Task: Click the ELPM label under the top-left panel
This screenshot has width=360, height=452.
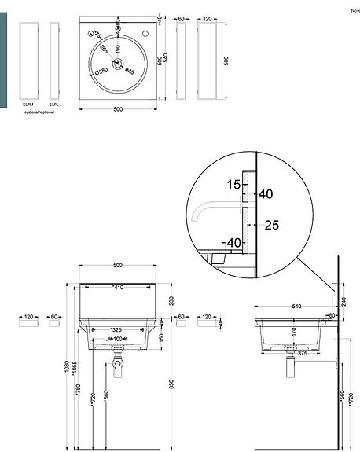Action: tap(28, 104)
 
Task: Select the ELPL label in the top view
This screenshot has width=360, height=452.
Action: tap(53, 104)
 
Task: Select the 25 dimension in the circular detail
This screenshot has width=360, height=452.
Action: tap(272, 226)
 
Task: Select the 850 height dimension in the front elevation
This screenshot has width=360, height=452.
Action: tap(173, 387)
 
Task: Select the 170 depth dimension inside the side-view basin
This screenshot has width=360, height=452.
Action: tap(295, 331)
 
